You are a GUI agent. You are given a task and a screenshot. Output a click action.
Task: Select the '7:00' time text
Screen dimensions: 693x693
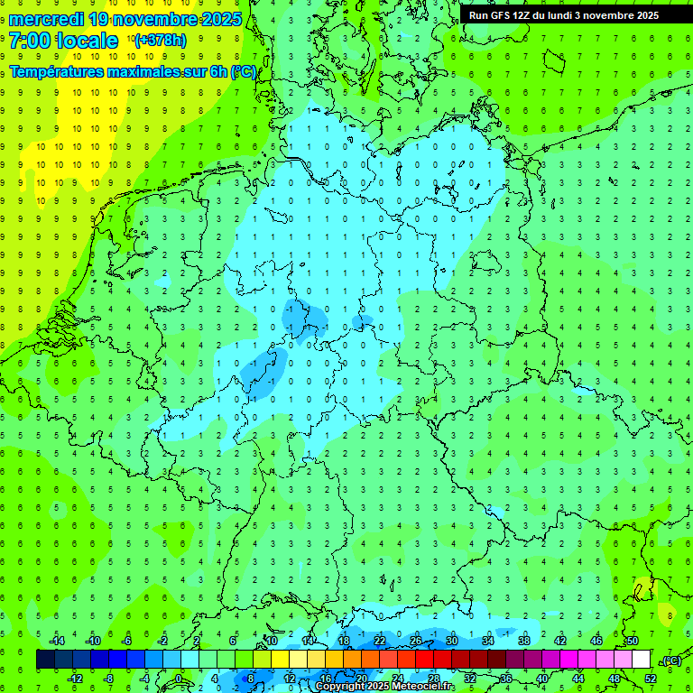click(31, 41)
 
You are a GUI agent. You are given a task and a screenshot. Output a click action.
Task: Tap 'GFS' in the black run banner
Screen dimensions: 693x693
click(504, 15)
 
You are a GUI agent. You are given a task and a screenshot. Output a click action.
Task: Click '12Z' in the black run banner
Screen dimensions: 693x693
click(530, 15)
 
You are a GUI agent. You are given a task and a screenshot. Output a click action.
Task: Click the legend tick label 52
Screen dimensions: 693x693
click(651, 679)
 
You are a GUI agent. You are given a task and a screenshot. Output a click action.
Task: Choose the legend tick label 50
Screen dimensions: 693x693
click(632, 641)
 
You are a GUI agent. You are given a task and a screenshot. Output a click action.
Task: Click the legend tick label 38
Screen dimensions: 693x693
click(524, 641)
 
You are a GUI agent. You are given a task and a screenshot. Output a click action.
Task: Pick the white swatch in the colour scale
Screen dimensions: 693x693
click(641, 660)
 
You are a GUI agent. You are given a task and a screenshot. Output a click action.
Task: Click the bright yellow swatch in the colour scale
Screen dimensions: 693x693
click(298, 660)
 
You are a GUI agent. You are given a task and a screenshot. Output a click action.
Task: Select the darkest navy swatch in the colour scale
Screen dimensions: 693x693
click(45, 660)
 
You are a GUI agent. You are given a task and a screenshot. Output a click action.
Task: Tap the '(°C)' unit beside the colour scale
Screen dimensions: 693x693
click(671, 661)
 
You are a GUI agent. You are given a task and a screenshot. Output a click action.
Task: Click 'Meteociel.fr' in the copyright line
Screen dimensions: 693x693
click(421, 687)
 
